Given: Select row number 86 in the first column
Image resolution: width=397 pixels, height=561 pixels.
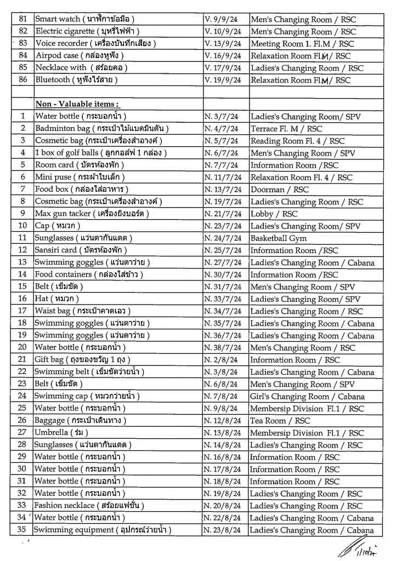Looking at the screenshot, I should tap(22, 80).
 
